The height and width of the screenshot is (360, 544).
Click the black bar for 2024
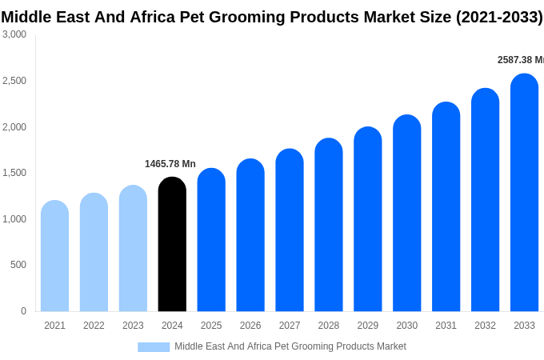click(x=172, y=244)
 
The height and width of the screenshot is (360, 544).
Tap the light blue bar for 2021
click(x=54, y=256)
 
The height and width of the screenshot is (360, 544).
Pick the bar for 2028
click(x=329, y=225)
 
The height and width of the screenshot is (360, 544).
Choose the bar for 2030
click(x=406, y=213)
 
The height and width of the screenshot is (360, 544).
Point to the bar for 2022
click(x=94, y=252)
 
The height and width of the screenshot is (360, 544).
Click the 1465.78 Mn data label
click(x=170, y=164)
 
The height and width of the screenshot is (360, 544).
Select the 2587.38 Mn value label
click(x=520, y=60)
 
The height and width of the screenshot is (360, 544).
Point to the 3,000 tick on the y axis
click(x=14, y=34)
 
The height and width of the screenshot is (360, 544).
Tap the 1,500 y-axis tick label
click(x=14, y=173)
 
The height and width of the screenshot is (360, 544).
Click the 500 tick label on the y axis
click(x=18, y=265)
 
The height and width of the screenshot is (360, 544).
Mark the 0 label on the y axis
click(x=23, y=311)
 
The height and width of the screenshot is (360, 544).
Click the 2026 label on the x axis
click(x=250, y=326)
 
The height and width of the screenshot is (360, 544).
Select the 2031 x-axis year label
click(x=446, y=326)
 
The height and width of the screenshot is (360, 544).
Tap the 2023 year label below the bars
click(x=133, y=326)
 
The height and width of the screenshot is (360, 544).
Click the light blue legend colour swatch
click(x=154, y=347)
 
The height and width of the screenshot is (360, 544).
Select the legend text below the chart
click(x=290, y=346)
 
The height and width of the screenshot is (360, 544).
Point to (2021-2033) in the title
click(x=499, y=17)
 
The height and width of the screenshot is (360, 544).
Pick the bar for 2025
click(x=211, y=240)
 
